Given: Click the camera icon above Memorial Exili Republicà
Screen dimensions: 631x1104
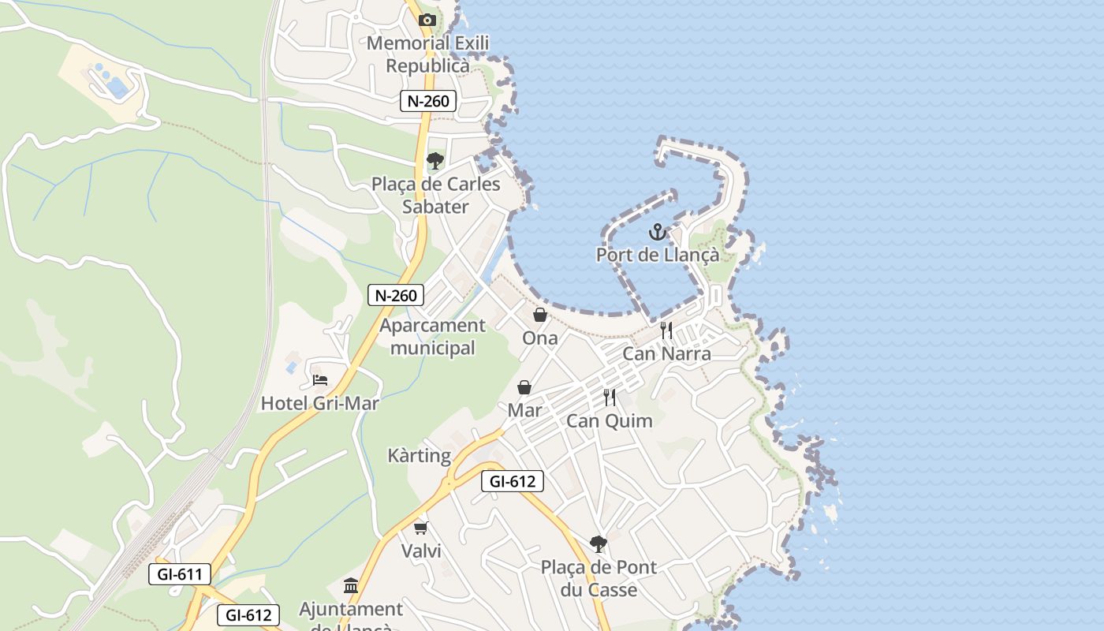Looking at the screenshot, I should coord(427,20).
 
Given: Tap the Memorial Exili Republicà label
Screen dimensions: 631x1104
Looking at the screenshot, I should coord(428,54).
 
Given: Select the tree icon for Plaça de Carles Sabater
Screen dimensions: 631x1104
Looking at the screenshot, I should coord(435,162).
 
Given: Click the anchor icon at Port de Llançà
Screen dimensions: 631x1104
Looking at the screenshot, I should coord(657,233).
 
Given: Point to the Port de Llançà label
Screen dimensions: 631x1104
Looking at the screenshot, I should coord(658,256).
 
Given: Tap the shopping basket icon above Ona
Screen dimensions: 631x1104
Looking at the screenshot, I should coord(540,315).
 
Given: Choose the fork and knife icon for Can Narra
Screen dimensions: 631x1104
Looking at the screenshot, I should coord(666,330).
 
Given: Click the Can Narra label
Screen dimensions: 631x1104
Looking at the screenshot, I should coord(666,353).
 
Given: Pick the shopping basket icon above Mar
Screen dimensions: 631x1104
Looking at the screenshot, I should coord(524,387).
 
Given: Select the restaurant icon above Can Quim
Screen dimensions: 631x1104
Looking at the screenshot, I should coord(609,398).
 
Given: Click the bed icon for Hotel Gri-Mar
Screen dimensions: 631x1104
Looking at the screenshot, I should coord(319,380).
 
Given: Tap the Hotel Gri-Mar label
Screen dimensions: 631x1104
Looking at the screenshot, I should coord(319,404).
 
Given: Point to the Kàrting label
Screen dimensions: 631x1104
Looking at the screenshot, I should coord(419,456).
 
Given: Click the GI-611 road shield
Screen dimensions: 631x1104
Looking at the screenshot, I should coord(180,574).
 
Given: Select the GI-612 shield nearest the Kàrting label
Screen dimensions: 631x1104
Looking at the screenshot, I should coord(513,481).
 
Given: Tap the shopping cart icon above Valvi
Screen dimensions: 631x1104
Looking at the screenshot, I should coord(421,528).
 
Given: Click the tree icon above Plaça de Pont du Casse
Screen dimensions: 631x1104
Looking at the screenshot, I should coord(599,543).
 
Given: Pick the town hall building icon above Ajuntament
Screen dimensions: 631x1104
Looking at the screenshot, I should coord(351,586).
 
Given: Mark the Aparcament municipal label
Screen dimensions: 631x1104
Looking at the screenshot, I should coord(432,337).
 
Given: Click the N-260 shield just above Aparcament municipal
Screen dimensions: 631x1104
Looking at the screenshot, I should coord(396,296).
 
